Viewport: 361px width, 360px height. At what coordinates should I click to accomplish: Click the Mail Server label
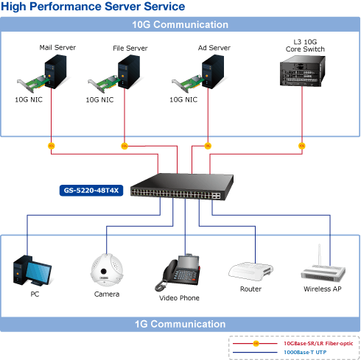tap(57, 47)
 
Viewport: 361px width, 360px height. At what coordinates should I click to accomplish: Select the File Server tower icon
tap(129, 71)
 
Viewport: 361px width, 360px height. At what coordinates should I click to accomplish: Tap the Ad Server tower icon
tap(213, 71)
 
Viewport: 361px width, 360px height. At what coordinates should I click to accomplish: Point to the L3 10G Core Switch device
tap(303, 71)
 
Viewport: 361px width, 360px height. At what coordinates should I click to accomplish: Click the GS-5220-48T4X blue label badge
tap(91, 191)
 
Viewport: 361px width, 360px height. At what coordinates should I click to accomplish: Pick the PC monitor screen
tap(38, 272)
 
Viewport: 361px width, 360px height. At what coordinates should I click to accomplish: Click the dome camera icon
tap(107, 270)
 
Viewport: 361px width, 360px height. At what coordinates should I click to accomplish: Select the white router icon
tap(250, 272)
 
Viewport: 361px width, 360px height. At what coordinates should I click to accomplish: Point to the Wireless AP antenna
tap(319, 255)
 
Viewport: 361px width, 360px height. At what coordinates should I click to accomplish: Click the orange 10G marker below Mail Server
tap(51, 146)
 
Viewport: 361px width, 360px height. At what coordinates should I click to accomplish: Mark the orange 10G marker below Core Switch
tap(302, 146)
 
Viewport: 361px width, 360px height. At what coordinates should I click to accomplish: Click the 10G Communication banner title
tap(180, 24)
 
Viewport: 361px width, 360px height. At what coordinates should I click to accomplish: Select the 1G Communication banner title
tap(180, 324)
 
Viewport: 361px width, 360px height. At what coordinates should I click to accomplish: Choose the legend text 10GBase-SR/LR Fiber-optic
tap(318, 343)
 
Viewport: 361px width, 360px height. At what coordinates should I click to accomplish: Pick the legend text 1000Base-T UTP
tap(305, 352)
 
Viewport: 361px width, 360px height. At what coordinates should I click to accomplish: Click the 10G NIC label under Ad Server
tap(183, 99)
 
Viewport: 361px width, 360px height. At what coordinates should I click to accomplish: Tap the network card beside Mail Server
tap(32, 83)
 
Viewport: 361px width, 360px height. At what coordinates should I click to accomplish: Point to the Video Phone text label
tap(179, 298)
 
